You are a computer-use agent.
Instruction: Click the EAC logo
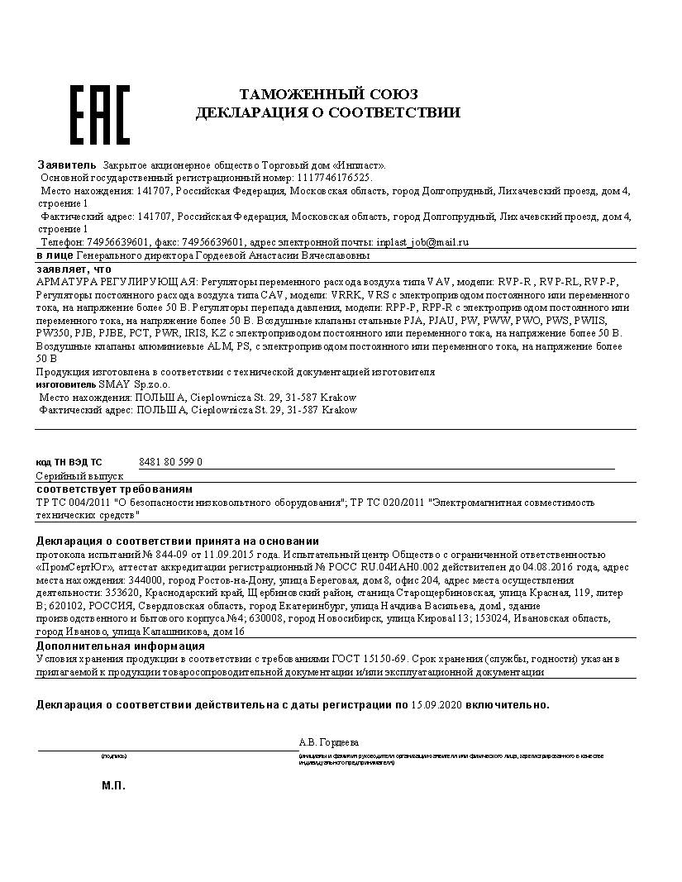click(99, 113)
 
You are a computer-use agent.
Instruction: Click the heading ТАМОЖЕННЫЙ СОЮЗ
click(328, 94)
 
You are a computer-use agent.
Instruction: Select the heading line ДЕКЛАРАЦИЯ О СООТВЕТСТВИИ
click(327, 112)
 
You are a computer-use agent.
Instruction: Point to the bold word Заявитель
click(67, 164)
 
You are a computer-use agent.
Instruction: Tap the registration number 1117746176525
click(334, 178)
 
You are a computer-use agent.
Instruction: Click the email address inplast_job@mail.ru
click(422, 242)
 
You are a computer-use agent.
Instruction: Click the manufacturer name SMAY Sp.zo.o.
click(122, 384)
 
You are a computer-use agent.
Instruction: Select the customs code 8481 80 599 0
click(171, 462)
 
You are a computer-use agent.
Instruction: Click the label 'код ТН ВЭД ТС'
click(69, 462)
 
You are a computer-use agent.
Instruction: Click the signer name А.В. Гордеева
click(329, 742)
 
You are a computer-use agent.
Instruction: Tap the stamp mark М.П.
click(113, 785)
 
